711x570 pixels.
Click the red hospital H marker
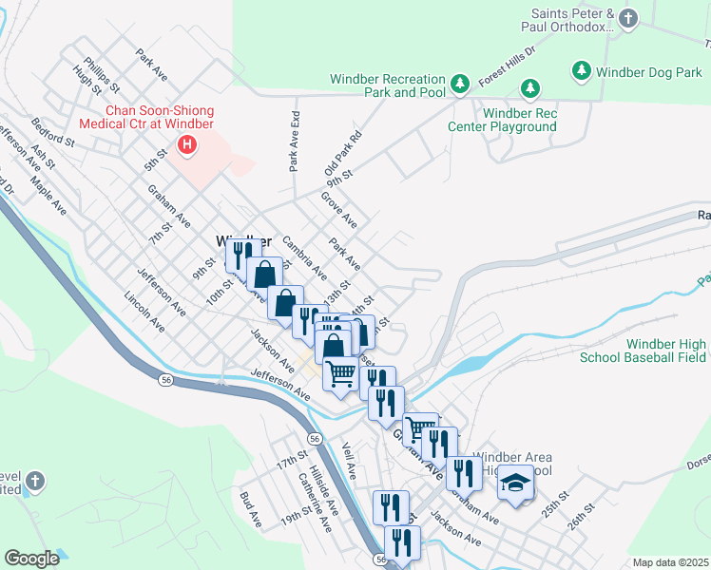click(x=187, y=145)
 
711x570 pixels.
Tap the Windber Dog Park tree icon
click(x=582, y=70)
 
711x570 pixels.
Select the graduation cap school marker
click(x=515, y=484)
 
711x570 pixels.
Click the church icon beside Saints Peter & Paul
click(x=627, y=18)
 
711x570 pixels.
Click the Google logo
click(x=32, y=559)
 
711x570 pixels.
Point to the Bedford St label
click(x=52, y=132)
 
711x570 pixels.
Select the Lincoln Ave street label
click(x=144, y=312)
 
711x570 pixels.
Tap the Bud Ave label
click(x=251, y=510)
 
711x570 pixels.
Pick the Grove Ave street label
click(x=338, y=210)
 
